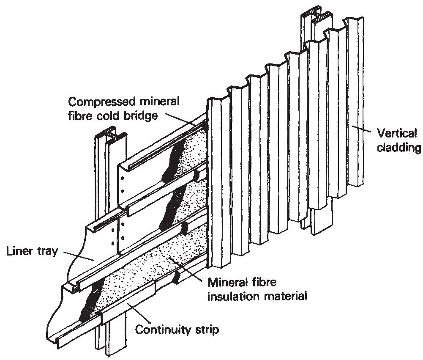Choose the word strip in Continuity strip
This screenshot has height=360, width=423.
click(x=207, y=329)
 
